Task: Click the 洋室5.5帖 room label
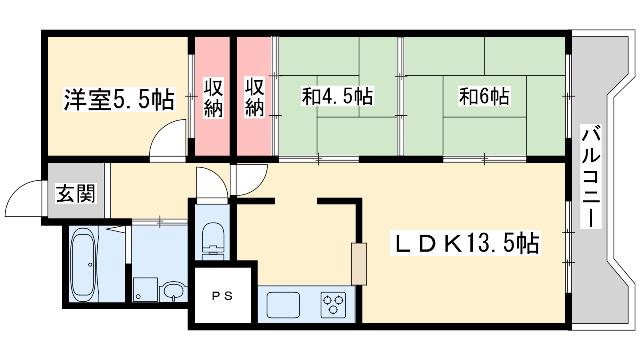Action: [119, 99]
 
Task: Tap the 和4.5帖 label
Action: [337, 96]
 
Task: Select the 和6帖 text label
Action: [484, 96]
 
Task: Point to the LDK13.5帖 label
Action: [466, 243]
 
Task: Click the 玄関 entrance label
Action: [76, 194]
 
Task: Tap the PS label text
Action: [222, 296]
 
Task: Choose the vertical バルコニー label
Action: [591, 176]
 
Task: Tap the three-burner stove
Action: [333, 304]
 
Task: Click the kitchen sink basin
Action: [283, 304]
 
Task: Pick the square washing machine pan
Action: [145, 290]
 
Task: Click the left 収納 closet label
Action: [213, 98]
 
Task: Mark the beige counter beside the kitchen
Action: [359, 264]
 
